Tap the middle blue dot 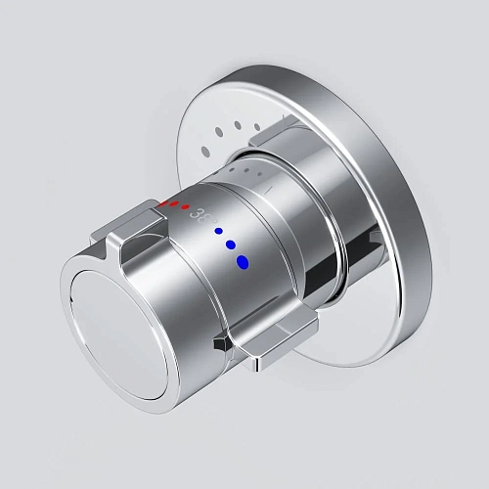coord(231,244)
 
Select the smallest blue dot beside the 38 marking coord(218,232)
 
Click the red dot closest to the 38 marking coord(186,207)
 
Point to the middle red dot coord(174,205)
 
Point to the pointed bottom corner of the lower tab coord(256,367)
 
